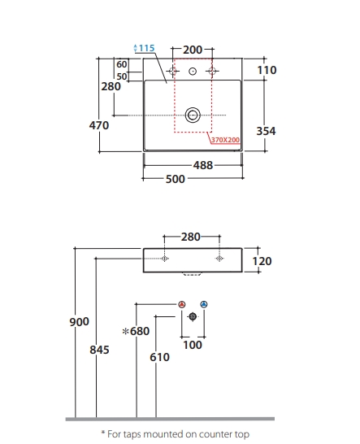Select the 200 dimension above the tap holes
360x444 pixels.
193,50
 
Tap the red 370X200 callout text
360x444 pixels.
226,140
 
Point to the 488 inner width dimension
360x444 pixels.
203,165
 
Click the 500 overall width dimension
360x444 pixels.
176,179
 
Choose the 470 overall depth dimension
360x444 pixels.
99,125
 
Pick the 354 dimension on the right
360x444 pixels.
266,131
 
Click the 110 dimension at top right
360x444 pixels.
267,70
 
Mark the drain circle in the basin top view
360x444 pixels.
193,115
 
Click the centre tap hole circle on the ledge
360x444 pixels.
193,71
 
